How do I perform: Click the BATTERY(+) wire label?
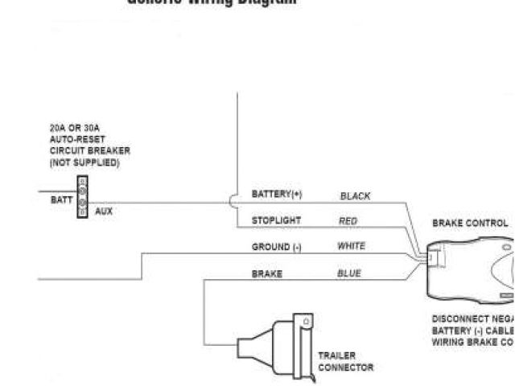(277, 194)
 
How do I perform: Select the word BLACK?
(355, 195)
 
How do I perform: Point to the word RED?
(348, 220)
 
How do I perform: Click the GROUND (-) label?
(276, 247)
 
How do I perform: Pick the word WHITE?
(351, 246)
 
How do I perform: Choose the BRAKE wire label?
(266, 273)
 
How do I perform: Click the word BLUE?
(348, 273)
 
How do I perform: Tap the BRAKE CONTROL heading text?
(470, 224)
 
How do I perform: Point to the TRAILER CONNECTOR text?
(345, 361)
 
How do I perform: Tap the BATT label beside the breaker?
(61, 200)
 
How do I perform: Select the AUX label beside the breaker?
(104, 211)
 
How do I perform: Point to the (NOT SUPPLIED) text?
(84, 162)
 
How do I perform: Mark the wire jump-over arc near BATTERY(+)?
(233, 201)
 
